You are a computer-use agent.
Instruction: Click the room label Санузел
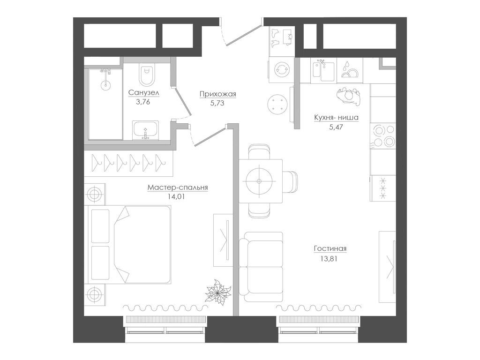pyautogui.click(x=144, y=93)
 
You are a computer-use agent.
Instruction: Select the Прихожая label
pyautogui.click(x=217, y=94)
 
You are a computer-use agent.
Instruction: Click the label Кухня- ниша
pyautogui.click(x=336, y=118)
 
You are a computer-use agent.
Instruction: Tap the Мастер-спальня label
pyautogui.click(x=178, y=187)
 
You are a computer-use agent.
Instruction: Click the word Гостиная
pyautogui.click(x=333, y=249)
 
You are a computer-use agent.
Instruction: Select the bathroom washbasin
pyautogui.click(x=145, y=130)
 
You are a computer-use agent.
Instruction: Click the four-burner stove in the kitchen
pyautogui.click(x=383, y=135)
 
